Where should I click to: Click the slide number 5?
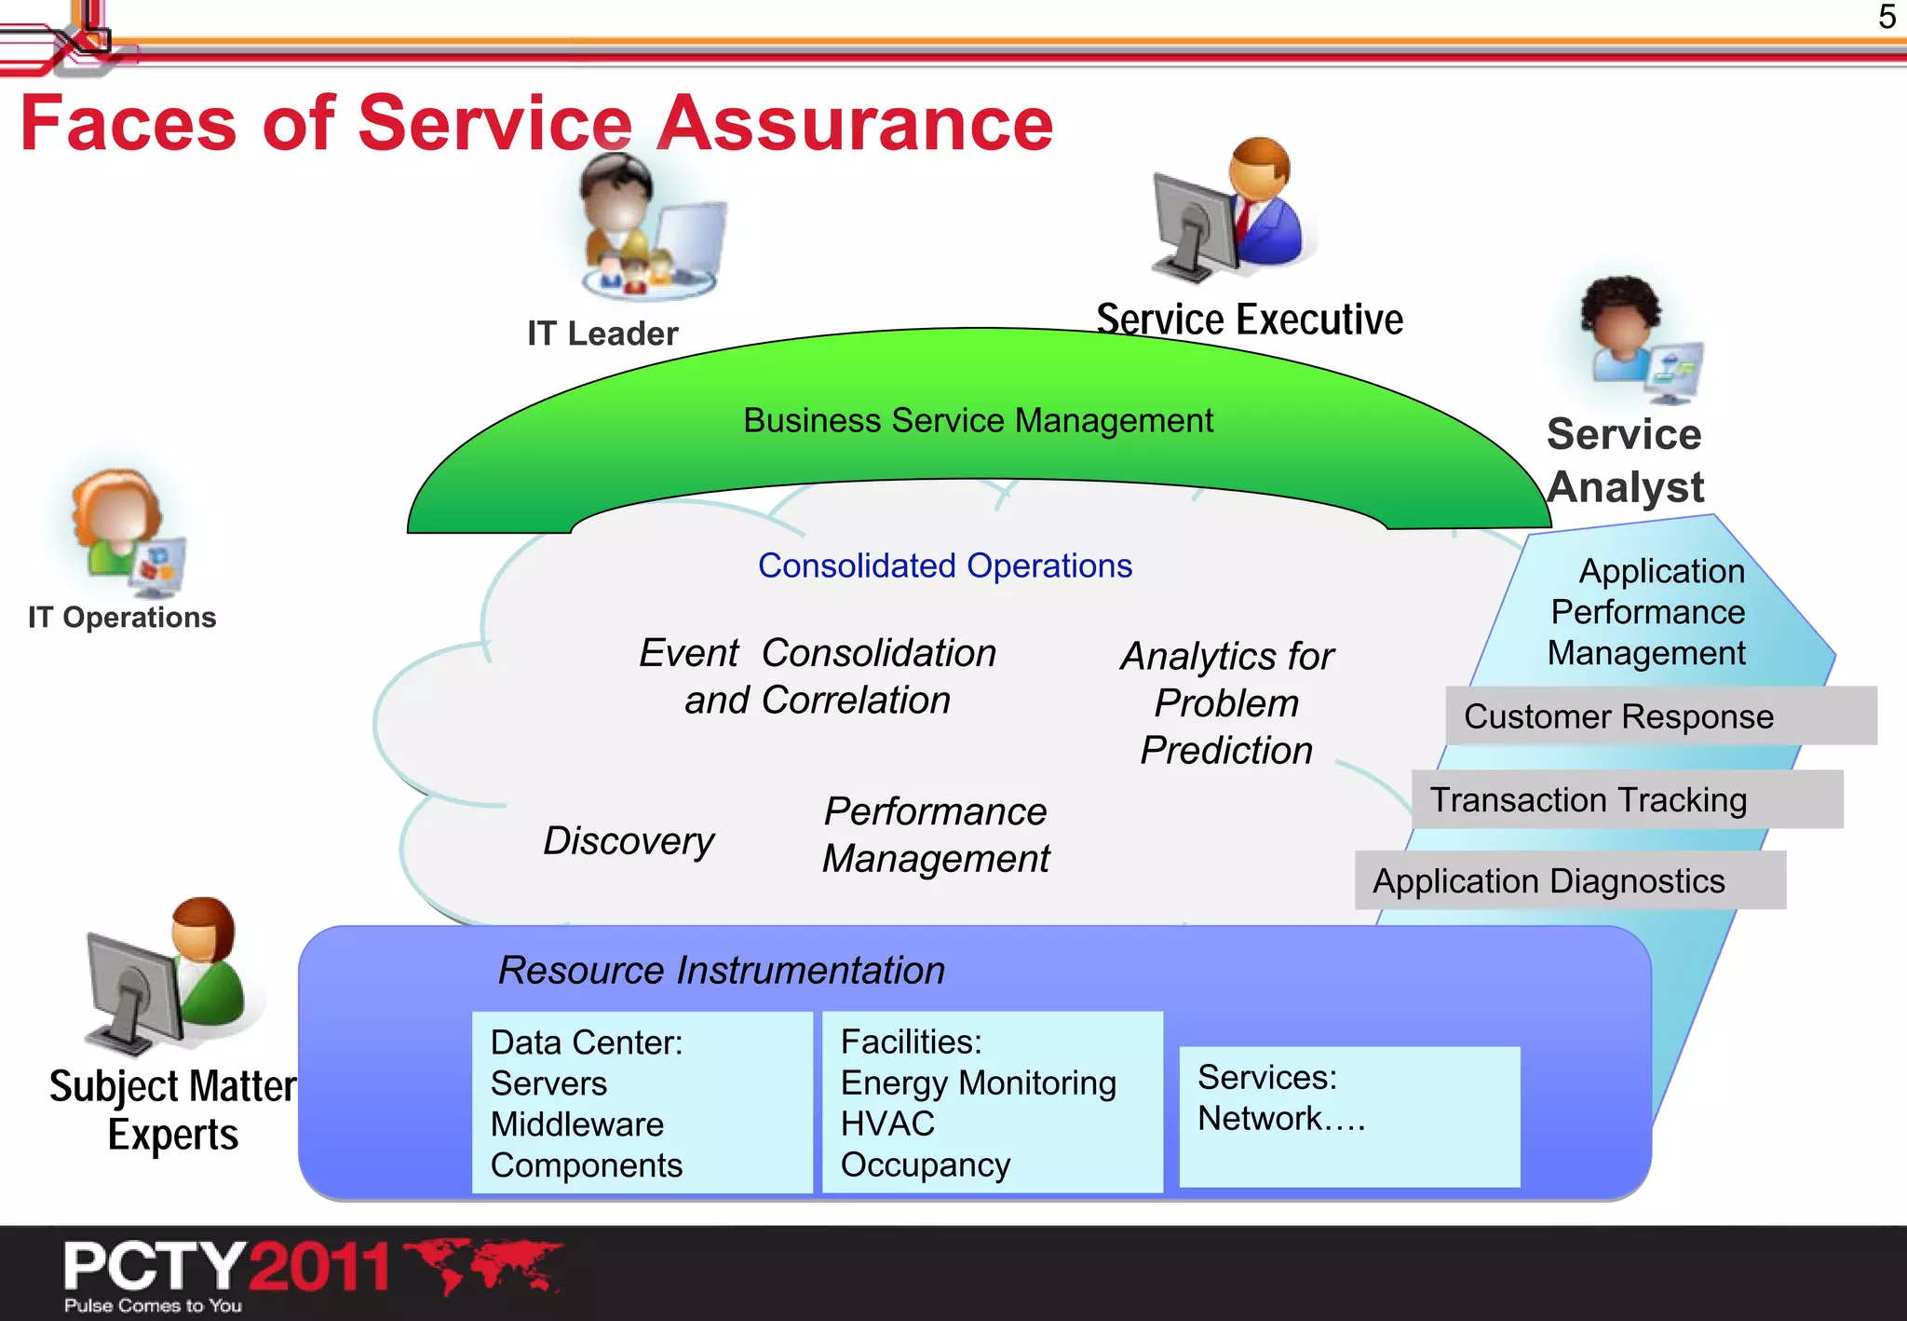pyautogui.click(x=1887, y=17)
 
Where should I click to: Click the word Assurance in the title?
pyautogui.click(x=855, y=124)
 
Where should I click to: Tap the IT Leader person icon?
pyautogui.click(x=647, y=228)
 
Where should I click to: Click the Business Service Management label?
pyautogui.click(x=978, y=420)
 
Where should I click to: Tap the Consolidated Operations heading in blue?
pyautogui.click(x=944, y=565)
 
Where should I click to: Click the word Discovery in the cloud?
pyautogui.click(x=629, y=840)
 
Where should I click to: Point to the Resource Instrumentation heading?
pyautogui.click(x=722, y=970)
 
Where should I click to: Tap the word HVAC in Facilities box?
pyautogui.click(x=887, y=1124)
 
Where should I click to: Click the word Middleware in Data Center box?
pyautogui.click(x=577, y=1124)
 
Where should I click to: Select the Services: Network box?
pyautogui.click(x=1348, y=1116)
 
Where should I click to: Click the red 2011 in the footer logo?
pyautogui.click(x=320, y=1266)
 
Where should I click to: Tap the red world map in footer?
pyautogui.click(x=484, y=1264)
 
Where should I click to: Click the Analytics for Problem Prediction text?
pyautogui.click(x=1226, y=703)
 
